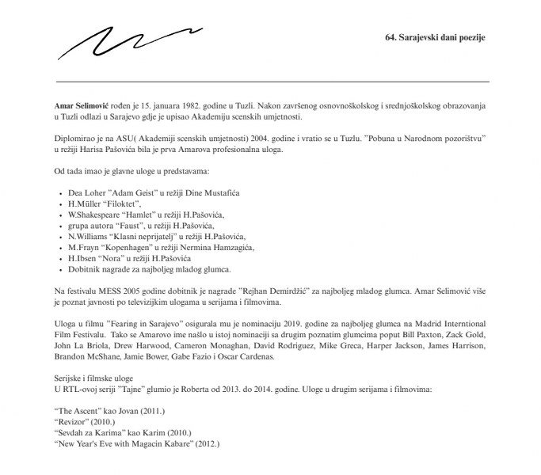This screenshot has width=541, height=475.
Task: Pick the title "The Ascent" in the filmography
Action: (x=77, y=412)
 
